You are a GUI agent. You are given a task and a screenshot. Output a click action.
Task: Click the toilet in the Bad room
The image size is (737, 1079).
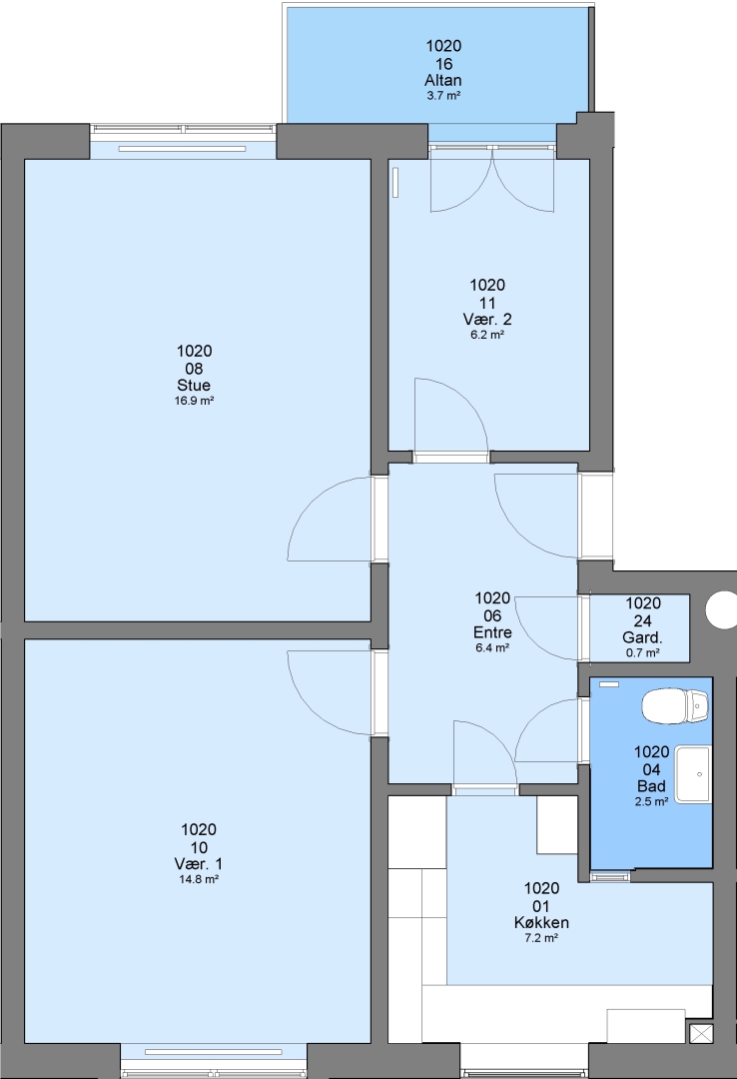click(675, 706)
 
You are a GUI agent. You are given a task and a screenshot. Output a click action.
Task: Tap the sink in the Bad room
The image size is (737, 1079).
click(692, 774)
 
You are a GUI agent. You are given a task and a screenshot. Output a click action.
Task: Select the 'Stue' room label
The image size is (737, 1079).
click(194, 386)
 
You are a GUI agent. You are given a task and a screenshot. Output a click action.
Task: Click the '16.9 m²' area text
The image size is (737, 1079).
click(194, 401)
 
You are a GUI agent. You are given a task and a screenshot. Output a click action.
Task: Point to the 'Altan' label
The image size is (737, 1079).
click(443, 81)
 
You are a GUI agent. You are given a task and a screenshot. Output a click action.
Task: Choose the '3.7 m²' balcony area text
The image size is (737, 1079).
click(443, 96)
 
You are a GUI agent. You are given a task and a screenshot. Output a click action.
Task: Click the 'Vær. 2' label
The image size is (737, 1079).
click(487, 320)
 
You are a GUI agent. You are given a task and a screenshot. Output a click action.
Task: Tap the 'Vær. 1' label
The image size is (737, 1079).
click(198, 864)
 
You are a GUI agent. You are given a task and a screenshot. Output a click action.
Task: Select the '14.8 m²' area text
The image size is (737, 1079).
click(198, 879)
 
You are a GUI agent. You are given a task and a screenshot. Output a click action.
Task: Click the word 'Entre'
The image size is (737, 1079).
click(492, 632)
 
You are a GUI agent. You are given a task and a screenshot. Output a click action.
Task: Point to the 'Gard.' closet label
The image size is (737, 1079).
click(642, 637)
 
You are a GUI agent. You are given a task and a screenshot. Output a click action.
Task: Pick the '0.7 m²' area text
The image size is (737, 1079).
click(643, 652)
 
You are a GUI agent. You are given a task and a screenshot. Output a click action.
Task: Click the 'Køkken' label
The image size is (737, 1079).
click(541, 923)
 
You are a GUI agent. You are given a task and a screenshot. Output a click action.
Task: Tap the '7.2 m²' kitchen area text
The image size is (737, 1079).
click(541, 938)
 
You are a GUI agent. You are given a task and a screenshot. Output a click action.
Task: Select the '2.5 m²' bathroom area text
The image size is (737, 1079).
click(651, 801)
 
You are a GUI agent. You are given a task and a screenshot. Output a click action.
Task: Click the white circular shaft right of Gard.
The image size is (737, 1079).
click(722, 610)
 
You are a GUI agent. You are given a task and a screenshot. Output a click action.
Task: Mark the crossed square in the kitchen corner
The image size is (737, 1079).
click(701, 1035)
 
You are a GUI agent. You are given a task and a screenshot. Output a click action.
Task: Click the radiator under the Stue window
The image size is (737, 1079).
click(182, 149)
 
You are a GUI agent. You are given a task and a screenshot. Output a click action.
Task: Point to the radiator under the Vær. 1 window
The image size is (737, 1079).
click(214, 1052)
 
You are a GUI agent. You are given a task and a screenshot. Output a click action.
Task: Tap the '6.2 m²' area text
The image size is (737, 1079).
click(487, 335)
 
